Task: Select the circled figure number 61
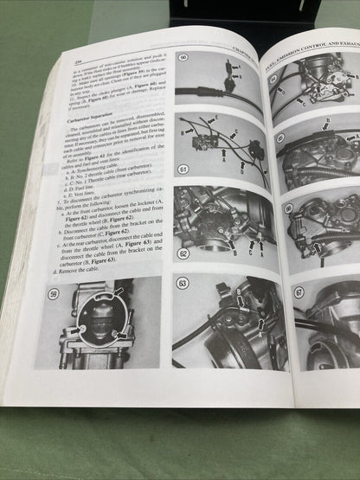[183, 169]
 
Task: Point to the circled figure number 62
[183, 255]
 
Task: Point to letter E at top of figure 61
[214, 117]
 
